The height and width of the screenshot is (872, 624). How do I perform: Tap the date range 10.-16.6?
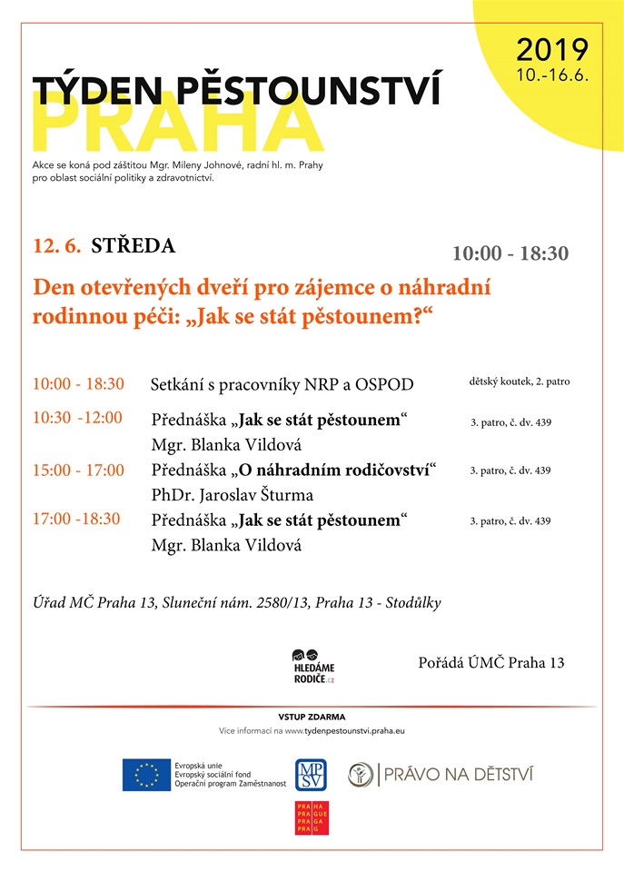(x=552, y=75)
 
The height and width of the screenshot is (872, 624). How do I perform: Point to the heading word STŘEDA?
(x=134, y=245)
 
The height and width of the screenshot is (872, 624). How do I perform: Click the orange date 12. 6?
(x=57, y=245)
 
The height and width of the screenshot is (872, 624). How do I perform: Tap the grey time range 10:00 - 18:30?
(x=510, y=253)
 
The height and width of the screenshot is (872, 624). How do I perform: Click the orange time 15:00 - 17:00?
(x=78, y=471)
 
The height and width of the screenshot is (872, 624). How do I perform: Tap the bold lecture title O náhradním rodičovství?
(x=334, y=471)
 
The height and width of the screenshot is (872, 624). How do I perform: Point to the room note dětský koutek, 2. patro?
(x=520, y=381)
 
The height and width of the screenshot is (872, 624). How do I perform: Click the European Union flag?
(x=145, y=775)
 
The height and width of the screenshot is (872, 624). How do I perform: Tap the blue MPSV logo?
(x=311, y=775)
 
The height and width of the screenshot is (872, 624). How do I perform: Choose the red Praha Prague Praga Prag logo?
(x=311, y=817)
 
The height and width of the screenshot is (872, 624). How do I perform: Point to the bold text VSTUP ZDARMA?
(x=312, y=717)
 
